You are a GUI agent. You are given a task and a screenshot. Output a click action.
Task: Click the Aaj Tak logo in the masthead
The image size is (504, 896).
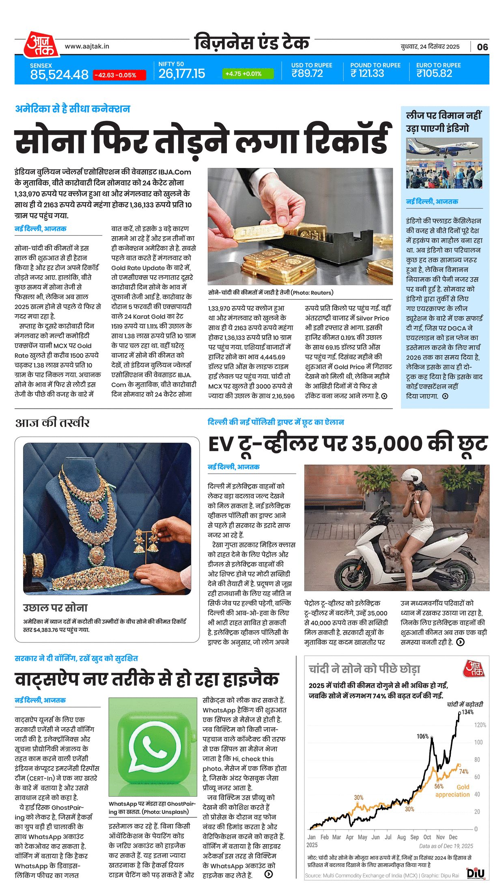[x=40, y=45]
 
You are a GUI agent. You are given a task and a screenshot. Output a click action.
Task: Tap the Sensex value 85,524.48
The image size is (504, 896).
[x=59, y=75]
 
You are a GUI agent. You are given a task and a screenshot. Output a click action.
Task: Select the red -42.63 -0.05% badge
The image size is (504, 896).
[x=119, y=75]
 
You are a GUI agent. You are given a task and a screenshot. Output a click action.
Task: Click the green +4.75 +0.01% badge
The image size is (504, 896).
[x=248, y=74]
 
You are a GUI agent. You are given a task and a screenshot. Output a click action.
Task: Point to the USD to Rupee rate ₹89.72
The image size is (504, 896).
[x=307, y=73]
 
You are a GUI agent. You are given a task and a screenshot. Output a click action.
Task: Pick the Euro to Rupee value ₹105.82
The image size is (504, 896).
[x=434, y=73]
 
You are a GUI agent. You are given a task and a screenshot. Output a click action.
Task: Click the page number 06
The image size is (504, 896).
[x=482, y=47]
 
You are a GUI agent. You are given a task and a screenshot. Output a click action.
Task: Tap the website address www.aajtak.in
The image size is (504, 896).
[x=87, y=47]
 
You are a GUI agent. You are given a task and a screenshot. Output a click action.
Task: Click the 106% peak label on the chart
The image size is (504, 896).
[x=422, y=736]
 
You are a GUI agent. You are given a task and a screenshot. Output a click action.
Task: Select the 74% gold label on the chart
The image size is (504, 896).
[x=464, y=771]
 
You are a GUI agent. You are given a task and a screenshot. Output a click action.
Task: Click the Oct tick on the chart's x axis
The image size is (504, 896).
[x=427, y=837]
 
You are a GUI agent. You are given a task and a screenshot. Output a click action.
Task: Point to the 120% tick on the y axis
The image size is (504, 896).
[x=480, y=725]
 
